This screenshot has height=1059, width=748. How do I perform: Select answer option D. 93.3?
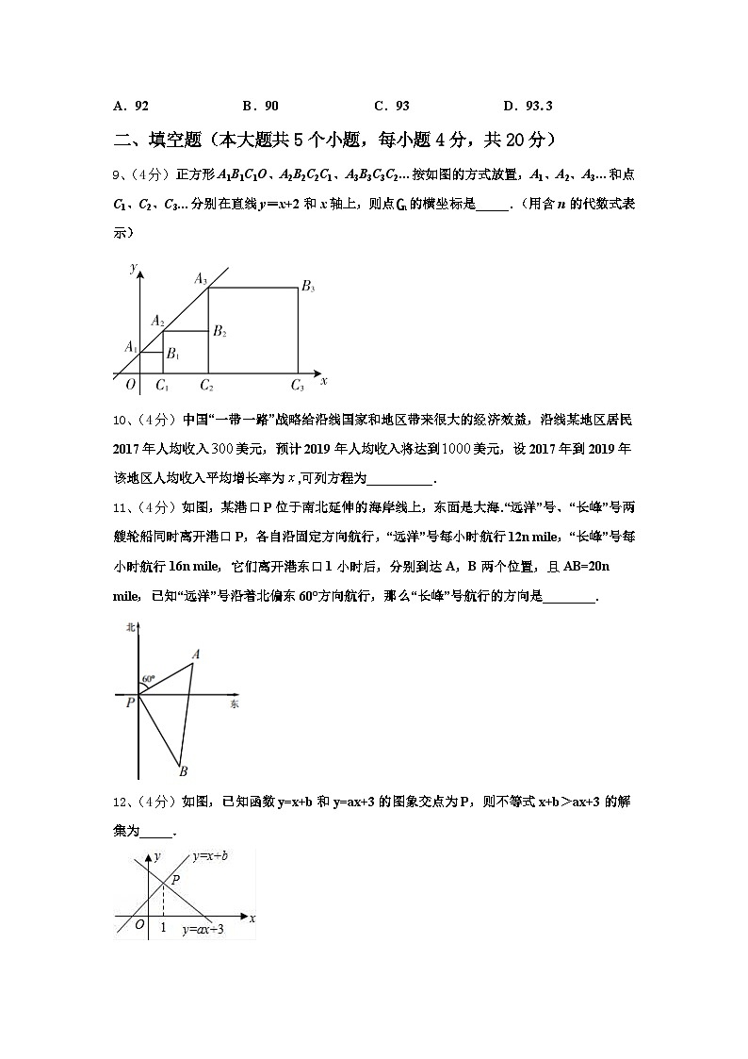pos(528,107)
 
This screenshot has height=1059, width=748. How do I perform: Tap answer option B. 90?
pos(260,107)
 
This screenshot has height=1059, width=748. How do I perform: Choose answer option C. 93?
pos(392,107)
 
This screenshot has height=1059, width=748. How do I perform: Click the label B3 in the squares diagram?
pos(308,287)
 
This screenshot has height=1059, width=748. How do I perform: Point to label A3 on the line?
pos(201,278)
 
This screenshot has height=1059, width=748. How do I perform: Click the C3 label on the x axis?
pos(298,385)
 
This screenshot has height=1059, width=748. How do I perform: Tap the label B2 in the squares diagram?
pos(220,331)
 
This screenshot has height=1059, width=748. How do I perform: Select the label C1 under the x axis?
pos(162,385)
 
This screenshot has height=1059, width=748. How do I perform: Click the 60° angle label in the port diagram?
pos(148,678)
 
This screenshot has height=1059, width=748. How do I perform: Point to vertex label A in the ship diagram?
pos(196,654)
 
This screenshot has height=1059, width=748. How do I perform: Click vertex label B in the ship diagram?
pos(183,771)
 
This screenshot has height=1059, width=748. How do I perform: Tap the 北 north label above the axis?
pos(131,627)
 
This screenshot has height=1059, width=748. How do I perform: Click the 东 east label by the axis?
pos(235,704)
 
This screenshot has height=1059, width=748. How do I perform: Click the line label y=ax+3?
pos(203,929)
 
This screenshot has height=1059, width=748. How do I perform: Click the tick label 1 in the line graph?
pos(163,928)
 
